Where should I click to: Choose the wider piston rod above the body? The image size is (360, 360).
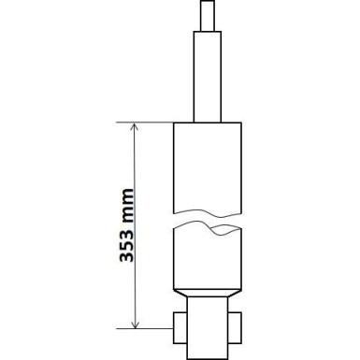click(209, 75)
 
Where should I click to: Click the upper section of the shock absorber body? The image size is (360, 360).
click(209, 164)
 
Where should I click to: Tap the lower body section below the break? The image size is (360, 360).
click(209, 257)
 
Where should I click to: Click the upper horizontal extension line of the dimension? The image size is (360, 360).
click(150, 122)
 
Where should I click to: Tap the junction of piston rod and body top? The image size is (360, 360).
click(209, 122)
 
